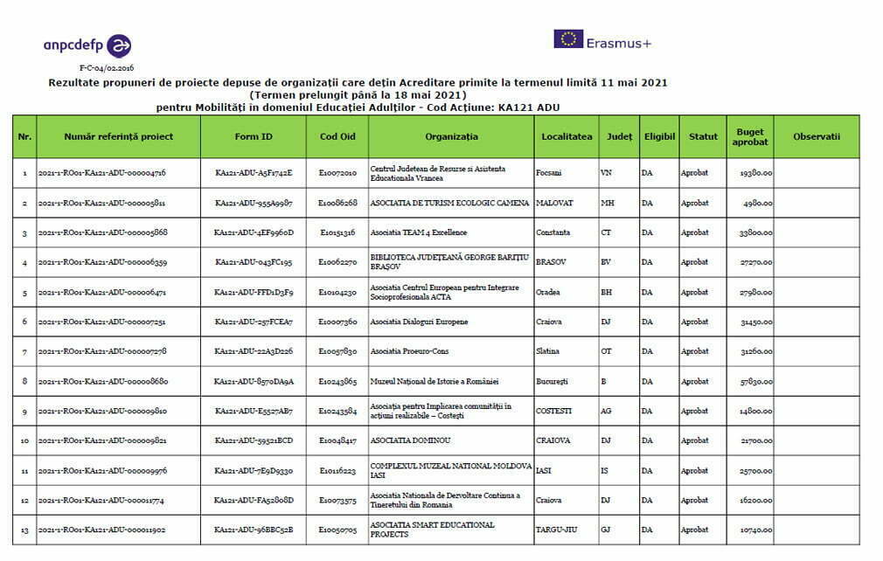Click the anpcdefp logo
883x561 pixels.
(x=87, y=45)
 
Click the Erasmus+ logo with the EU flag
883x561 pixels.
(x=602, y=40)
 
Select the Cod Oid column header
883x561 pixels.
(x=337, y=136)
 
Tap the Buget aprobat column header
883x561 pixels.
(x=750, y=137)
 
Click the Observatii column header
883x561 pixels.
(x=817, y=136)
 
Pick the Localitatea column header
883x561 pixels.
(x=567, y=136)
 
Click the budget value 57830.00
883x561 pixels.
(x=754, y=381)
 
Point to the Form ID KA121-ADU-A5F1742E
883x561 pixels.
(x=254, y=173)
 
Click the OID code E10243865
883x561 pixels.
(x=337, y=381)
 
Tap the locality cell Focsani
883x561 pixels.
(x=550, y=173)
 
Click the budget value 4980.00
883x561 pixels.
(x=757, y=203)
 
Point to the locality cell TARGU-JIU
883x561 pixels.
(x=555, y=530)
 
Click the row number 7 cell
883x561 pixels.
(x=24, y=351)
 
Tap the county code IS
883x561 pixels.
(x=604, y=470)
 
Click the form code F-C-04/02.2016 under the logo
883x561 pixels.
(x=107, y=67)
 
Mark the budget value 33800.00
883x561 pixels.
(x=754, y=232)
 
